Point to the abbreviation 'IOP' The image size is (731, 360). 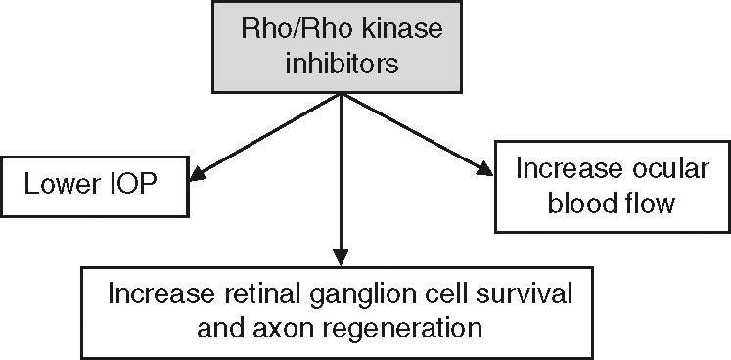click(131, 184)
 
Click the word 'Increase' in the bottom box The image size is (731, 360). click(157, 293)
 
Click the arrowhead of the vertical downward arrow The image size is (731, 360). click(340, 256)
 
